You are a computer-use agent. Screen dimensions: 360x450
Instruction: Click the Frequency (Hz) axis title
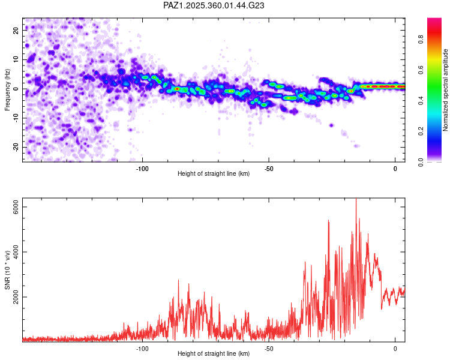7,89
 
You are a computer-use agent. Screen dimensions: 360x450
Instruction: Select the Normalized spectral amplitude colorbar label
446,90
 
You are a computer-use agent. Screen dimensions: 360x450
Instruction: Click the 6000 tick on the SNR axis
17,206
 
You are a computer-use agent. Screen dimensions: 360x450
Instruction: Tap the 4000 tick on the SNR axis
17,252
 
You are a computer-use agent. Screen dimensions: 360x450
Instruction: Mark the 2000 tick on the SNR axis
17,297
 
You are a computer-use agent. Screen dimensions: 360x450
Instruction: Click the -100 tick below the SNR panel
142,348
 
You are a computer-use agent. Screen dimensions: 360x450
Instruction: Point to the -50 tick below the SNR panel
269,348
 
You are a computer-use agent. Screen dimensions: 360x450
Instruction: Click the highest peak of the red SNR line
356,199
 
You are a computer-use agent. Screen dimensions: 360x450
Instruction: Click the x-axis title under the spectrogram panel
214,174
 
